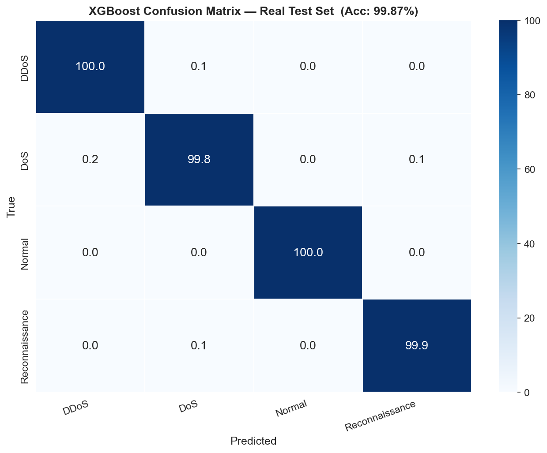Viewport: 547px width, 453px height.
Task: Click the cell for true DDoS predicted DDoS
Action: click(x=90, y=67)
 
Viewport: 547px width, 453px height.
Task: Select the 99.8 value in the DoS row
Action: click(x=199, y=159)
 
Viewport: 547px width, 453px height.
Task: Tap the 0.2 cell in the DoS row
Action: click(x=90, y=159)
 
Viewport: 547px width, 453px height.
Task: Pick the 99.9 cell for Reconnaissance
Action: click(x=416, y=345)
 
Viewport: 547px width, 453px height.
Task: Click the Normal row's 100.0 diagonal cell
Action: click(x=308, y=252)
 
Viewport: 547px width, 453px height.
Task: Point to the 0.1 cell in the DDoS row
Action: click(x=199, y=67)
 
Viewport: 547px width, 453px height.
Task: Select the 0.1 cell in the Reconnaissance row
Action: click(x=199, y=345)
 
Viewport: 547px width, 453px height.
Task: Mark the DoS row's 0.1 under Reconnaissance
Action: click(x=416, y=159)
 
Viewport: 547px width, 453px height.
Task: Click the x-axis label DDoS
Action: click(x=76, y=408)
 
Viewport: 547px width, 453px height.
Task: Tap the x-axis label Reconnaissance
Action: click(x=380, y=416)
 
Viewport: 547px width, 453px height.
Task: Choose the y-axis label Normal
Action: click(x=25, y=254)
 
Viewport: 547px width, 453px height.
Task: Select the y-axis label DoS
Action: click(x=25, y=161)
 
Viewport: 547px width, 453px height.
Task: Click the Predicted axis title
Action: click(x=253, y=441)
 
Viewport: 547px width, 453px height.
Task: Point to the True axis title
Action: click(x=11, y=206)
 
